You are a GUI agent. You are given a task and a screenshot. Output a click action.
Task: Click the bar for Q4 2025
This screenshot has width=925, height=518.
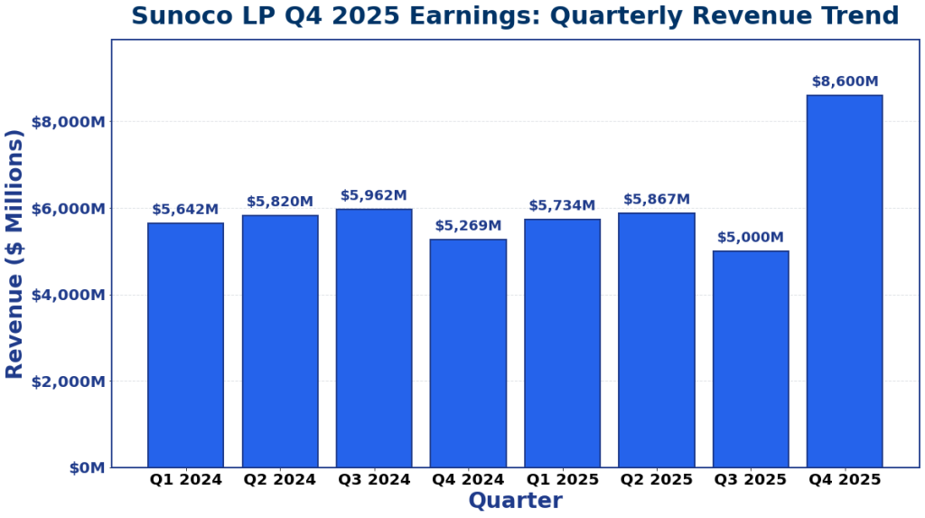844,281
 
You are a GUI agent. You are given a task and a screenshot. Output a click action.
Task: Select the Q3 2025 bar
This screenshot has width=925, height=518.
750,359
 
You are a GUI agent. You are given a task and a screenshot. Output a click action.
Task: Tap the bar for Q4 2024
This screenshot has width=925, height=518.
468,353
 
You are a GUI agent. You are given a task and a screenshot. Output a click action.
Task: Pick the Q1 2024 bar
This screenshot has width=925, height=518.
185,345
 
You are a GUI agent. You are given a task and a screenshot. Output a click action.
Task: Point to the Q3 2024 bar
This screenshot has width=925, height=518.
374,338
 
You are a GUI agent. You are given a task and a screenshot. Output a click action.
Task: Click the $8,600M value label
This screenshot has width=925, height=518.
845,82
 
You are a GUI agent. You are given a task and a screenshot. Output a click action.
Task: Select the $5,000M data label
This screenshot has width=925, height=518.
750,238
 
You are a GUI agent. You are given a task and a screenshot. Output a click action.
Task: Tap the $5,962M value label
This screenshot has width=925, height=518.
374,196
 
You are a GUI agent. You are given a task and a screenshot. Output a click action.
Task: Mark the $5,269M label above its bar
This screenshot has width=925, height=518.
468,226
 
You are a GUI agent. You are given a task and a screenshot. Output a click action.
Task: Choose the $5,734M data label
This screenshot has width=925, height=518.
562,206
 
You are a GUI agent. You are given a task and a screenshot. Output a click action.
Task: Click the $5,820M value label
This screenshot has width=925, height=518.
280,202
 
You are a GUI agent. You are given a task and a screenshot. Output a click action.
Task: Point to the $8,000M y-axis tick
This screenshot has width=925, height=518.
68,122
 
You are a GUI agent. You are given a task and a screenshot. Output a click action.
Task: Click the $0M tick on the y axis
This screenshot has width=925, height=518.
87,468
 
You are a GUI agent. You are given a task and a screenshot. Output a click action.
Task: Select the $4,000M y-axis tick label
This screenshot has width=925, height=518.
68,296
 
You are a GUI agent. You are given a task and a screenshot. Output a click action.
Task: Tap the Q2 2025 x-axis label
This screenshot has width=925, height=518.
656,480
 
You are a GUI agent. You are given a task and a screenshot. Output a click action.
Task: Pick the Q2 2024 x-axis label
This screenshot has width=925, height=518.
280,480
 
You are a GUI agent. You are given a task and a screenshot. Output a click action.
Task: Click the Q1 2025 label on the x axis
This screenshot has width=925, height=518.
562,480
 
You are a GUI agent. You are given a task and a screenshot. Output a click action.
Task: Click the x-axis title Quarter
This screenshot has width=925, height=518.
515,501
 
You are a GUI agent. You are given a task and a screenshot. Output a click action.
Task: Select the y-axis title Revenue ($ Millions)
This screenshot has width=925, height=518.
14,254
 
